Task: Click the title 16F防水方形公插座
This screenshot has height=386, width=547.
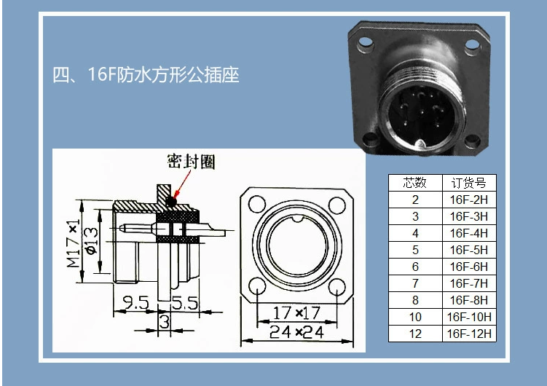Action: (x=146, y=74)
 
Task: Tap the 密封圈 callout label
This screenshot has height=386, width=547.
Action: (x=191, y=162)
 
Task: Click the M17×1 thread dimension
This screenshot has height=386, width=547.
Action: (x=74, y=243)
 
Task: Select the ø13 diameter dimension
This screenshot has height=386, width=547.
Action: (x=91, y=241)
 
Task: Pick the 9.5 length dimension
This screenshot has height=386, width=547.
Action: (x=136, y=302)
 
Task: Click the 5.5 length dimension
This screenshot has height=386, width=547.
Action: (x=185, y=303)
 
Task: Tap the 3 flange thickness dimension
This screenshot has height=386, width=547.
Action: (x=165, y=321)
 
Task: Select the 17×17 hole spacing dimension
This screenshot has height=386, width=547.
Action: (x=296, y=312)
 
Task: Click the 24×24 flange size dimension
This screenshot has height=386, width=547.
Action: (x=296, y=331)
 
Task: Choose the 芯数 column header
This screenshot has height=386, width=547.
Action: (x=414, y=183)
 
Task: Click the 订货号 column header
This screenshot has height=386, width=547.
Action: (x=468, y=183)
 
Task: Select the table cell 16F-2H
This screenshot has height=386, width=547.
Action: (x=468, y=200)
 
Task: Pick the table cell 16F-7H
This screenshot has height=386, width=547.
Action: (x=468, y=283)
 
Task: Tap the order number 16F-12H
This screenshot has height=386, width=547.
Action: (x=469, y=334)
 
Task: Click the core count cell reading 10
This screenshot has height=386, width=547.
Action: (x=415, y=317)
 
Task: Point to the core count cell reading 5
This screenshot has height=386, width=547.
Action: (x=415, y=250)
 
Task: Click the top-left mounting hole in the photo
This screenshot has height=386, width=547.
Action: (x=366, y=42)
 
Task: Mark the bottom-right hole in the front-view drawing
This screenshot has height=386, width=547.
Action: (x=337, y=286)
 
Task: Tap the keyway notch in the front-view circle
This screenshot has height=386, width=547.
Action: (x=297, y=218)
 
